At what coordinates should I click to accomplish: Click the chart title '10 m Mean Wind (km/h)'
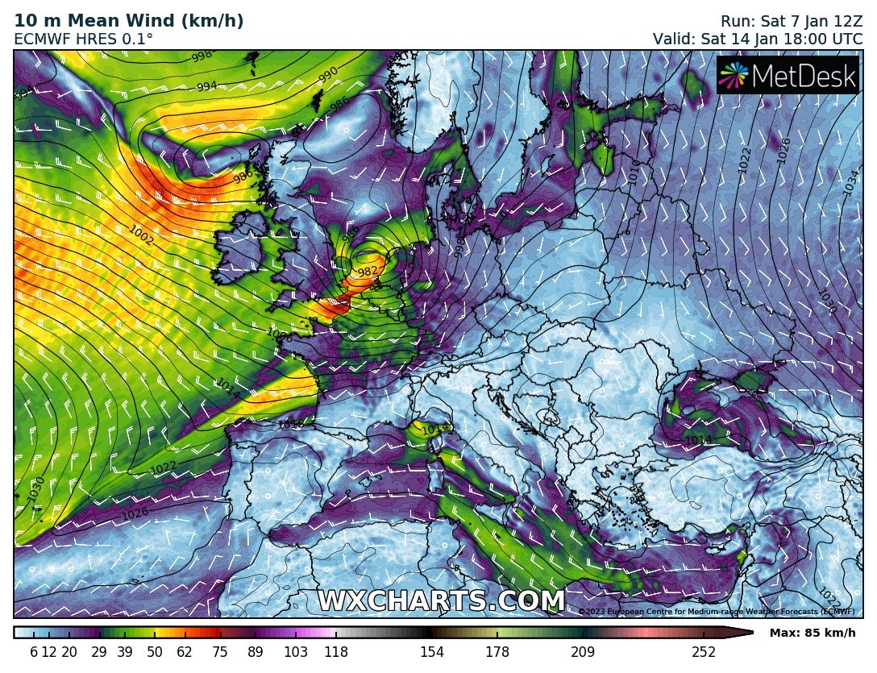coord(129,20)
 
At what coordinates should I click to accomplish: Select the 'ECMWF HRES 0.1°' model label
coord(84,38)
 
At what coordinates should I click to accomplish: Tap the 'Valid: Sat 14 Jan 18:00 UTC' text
coord(758,38)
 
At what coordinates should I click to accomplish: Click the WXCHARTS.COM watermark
coord(441,601)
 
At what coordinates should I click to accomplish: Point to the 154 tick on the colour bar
coord(432,652)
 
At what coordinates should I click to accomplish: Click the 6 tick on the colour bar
coord(34,652)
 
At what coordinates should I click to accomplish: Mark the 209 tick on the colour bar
coord(583,652)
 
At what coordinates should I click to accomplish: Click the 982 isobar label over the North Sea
coord(368,272)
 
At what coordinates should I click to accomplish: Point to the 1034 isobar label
coord(850,183)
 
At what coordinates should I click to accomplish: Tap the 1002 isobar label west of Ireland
coord(141,235)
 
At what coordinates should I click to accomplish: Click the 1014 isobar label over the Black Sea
coord(698,439)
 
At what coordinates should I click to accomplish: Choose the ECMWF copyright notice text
coord(717,612)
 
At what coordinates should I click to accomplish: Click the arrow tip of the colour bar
coord(751,633)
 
